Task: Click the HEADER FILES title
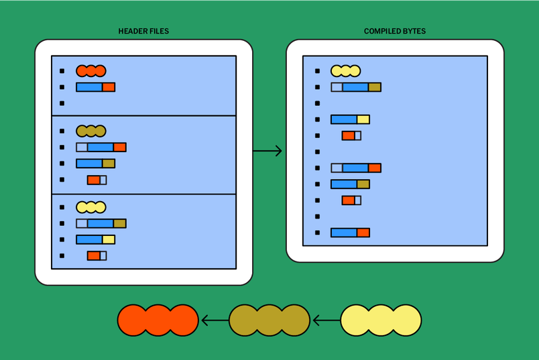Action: (x=143, y=32)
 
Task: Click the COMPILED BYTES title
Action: (x=394, y=32)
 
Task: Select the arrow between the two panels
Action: (x=267, y=152)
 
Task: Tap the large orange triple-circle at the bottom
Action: (x=158, y=320)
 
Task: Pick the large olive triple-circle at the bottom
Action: (x=269, y=320)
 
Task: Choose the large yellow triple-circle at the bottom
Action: (x=381, y=320)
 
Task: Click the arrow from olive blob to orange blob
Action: (x=215, y=320)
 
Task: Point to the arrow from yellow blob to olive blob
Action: (x=326, y=320)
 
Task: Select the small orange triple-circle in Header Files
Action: (x=91, y=71)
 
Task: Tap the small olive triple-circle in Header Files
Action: (x=91, y=131)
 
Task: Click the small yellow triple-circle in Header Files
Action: (x=91, y=208)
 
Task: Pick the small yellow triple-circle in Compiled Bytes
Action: (x=346, y=71)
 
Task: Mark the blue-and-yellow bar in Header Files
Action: (x=95, y=239)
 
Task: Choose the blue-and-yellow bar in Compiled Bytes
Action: (x=350, y=119)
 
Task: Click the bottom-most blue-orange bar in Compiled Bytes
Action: (x=350, y=233)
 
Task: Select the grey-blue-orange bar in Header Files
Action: (x=101, y=147)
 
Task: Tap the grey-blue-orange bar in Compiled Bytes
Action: (x=356, y=168)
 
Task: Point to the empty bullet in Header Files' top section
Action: (x=62, y=103)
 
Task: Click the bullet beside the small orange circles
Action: (x=62, y=71)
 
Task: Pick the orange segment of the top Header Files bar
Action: (x=109, y=87)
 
